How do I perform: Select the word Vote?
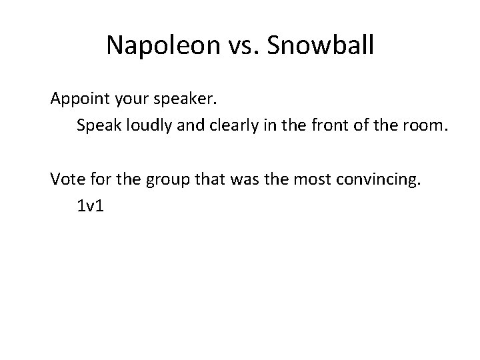pos(67,179)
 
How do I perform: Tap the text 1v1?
pos(91,206)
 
